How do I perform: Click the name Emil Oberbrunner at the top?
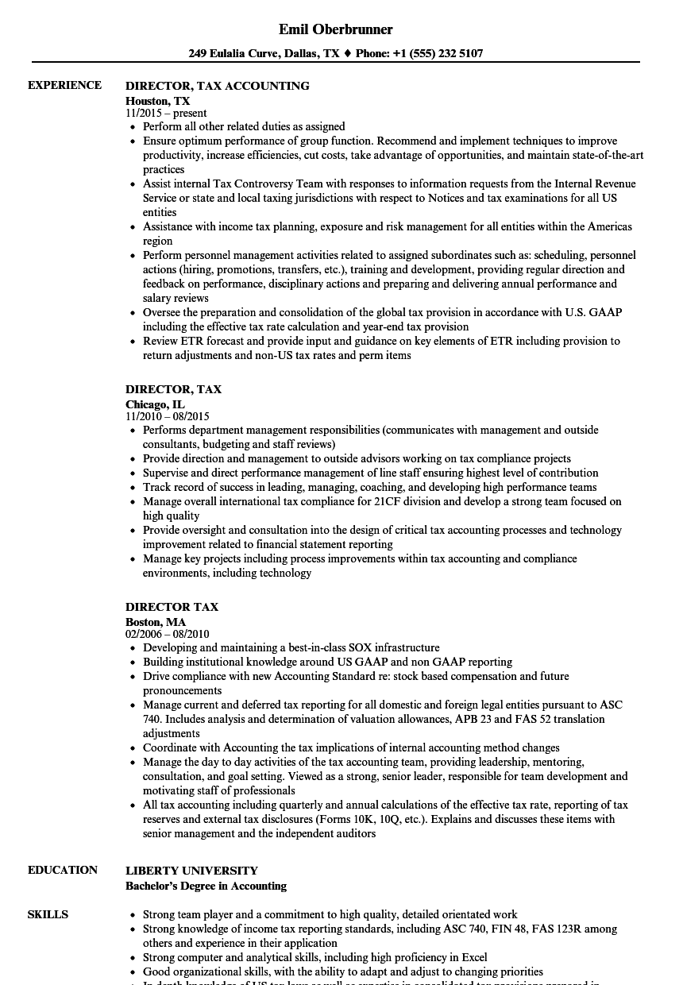(336, 29)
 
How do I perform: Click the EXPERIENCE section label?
(64, 85)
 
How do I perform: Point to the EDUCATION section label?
(63, 870)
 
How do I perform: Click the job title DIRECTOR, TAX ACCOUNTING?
(217, 85)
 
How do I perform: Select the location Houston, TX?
(157, 100)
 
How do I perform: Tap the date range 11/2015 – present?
(166, 113)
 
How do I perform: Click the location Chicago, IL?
(155, 404)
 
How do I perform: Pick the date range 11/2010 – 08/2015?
(167, 416)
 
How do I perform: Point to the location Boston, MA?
(156, 621)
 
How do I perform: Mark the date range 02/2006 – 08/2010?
(167, 634)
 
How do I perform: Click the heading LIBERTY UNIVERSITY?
(191, 871)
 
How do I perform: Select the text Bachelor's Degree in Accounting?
(206, 886)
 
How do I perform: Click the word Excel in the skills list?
(473, 957)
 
